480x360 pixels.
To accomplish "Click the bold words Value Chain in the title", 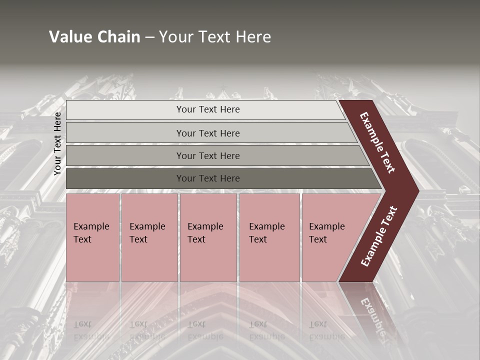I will (x=94, y=37).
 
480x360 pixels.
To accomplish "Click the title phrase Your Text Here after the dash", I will (x=215, y=37).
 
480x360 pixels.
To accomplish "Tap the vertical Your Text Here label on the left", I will (x=57, y=143).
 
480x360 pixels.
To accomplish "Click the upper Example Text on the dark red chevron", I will (x=377, y=142).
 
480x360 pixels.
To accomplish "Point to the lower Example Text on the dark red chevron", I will (x=378, y=236).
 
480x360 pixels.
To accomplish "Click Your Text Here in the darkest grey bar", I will (x=208, y=178).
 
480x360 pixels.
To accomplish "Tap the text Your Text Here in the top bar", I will (x=208, y=109).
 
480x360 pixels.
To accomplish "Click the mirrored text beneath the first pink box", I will (x=91, y=330).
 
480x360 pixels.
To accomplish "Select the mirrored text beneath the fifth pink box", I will (x=326, y=330).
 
